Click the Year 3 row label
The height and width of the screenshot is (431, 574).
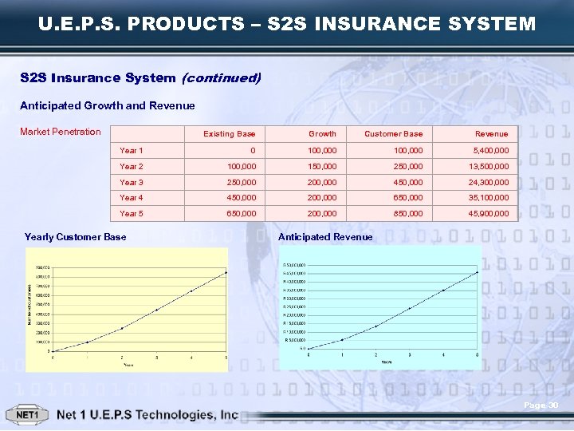[132, 182]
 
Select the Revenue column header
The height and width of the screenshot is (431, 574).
[491, 134]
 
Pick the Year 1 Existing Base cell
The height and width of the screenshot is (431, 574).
[253, 151]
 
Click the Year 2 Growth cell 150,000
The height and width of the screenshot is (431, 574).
[323, 167]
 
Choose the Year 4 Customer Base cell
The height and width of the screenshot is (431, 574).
[408, 198]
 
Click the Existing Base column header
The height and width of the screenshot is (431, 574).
[230, 134]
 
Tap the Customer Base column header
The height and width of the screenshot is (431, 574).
[394, 134]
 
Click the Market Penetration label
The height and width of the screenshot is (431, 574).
[61, 132]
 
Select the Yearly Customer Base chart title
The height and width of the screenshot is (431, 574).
[75, 237]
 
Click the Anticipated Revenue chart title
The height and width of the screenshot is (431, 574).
[325, 237]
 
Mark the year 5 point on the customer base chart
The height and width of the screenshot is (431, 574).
[226, 273]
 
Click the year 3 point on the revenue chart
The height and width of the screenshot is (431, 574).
[410, 308]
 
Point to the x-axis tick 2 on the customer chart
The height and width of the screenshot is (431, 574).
[122, 357]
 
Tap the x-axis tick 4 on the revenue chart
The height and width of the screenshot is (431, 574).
[443, 354]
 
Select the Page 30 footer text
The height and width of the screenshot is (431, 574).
[541, 406]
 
